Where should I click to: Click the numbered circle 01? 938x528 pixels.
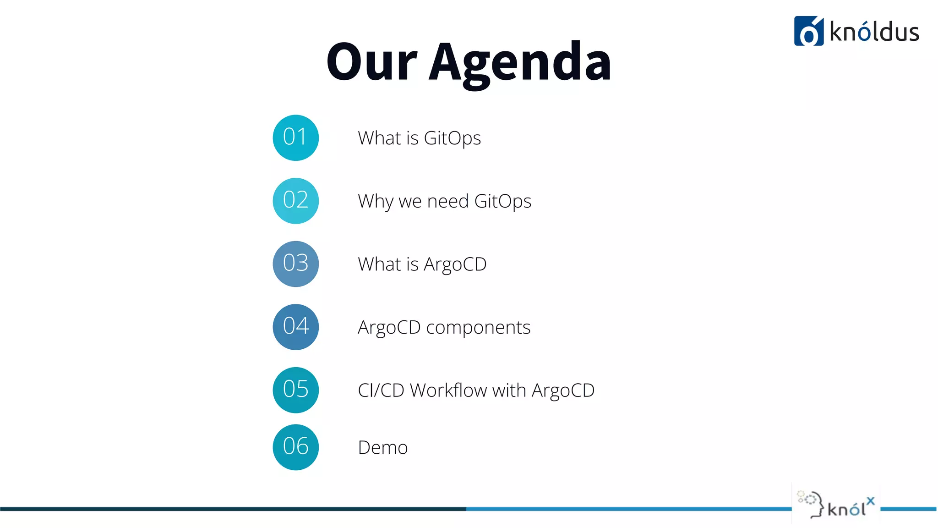click(x=295, y=137)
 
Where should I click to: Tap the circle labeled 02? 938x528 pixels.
click(x=295, y=201)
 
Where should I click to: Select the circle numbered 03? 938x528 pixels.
click(x=295, y=264)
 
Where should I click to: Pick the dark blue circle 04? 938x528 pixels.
click(x=295, y=327)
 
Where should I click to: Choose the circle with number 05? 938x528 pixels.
click(x=295, y=390)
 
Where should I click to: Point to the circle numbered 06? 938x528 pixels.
click(x=295, y=447)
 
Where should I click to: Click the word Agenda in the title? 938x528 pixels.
click(x=520, y=62)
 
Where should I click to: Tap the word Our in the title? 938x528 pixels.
click(x=371, y=62)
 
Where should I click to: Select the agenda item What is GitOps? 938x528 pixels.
click(x=419, y=138)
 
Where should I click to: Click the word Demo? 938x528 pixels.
click(x=383, y=447)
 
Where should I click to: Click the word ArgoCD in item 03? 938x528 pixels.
click(x=455, y=264)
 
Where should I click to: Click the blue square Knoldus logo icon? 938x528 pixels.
click(x=809, y=31)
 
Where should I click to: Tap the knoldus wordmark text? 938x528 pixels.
click(x=874, y=32)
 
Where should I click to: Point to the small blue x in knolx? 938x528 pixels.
click(x=870, y=501)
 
